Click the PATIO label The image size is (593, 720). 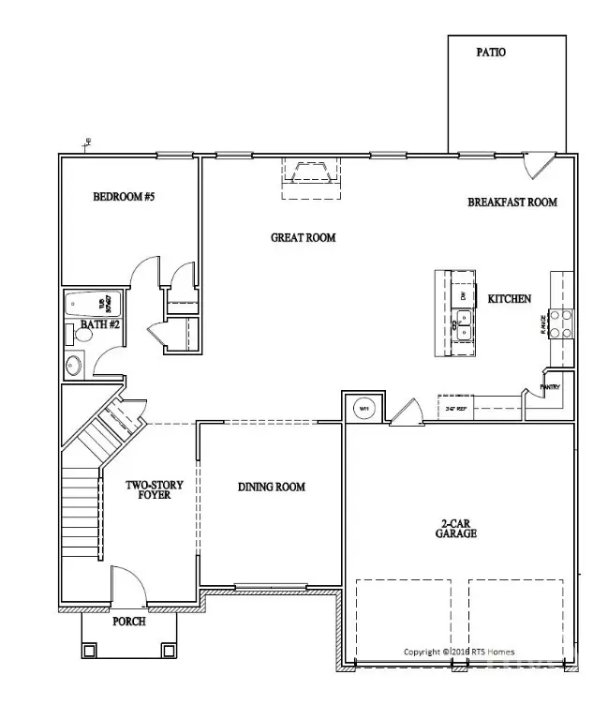click(491, 52)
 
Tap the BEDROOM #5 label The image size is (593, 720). click(123, 197)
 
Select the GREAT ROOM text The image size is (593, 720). click(303, 238)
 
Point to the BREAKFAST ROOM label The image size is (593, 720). click(512, 202)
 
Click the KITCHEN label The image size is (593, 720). click(510, 299)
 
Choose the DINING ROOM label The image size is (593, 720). click(271, 487)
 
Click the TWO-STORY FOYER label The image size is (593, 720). click(155, 489)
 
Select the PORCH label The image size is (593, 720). click(128, 622)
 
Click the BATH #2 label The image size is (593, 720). click(99, 325)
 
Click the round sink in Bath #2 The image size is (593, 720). click(77, 366)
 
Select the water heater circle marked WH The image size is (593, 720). click(363, 408)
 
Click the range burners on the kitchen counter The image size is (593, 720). click(560, 323)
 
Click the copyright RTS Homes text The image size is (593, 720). click(458, 652)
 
